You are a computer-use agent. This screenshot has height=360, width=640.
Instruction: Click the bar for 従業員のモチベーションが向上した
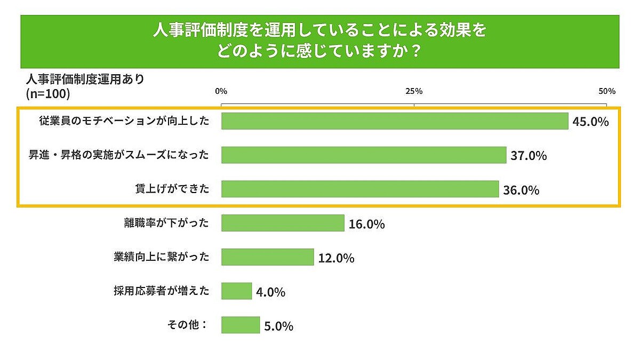395,121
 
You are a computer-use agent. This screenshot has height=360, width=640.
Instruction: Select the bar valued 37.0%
364,155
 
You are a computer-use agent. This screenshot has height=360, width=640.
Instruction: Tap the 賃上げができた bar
360,189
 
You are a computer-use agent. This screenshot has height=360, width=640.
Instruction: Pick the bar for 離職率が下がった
283,223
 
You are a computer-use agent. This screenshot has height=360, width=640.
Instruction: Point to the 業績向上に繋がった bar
267,257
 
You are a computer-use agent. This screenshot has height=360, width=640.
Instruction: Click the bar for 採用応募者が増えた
236,291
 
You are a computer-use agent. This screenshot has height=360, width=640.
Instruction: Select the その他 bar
241,325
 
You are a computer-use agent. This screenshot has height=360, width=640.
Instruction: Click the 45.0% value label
590,122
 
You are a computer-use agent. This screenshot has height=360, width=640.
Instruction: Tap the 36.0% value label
521,190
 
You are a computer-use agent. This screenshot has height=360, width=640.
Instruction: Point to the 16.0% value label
367,224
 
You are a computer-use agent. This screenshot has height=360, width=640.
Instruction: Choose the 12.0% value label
336,258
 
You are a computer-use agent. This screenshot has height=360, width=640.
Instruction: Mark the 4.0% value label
270,292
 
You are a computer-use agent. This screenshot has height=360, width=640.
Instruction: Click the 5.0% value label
278,326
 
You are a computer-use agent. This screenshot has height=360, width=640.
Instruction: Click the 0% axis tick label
221,91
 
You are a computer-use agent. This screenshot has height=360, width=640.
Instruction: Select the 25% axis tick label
414,91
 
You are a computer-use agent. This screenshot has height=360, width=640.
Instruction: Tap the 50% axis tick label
607,91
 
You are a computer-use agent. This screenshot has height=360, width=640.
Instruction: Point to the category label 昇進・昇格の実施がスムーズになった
118,155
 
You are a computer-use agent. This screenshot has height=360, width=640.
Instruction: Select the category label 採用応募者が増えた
161,291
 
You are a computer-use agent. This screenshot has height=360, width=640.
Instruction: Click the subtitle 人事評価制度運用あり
85,79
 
